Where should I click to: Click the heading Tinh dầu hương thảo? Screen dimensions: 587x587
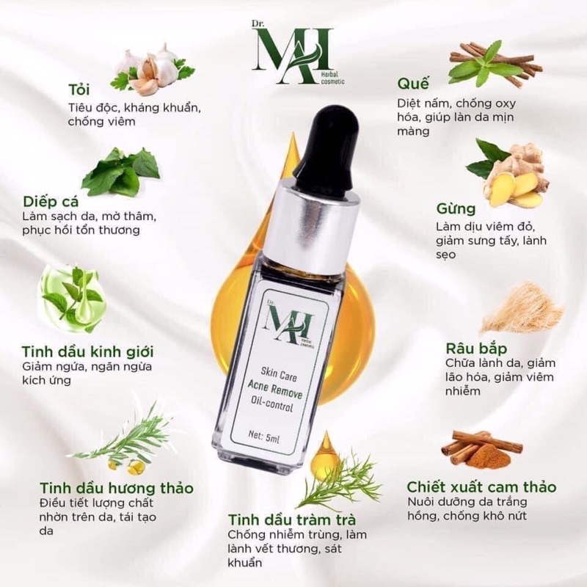[x=117, y=487]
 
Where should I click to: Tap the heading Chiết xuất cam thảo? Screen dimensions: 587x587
[x=481, y=486]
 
